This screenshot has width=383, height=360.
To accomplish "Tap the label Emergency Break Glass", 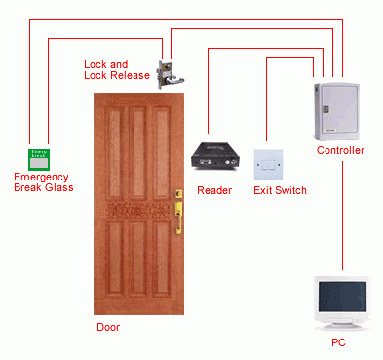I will click(43, 182).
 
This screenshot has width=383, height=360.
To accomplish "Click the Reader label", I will click(214, 190).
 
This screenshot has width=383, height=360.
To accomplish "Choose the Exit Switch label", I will click(280, 190).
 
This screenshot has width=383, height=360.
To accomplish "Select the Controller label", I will click(340, 151).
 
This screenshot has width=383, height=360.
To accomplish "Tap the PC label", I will click(338, 343).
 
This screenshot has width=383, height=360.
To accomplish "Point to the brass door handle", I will click(178, 209).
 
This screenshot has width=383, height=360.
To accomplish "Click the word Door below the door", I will click(108, 327).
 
